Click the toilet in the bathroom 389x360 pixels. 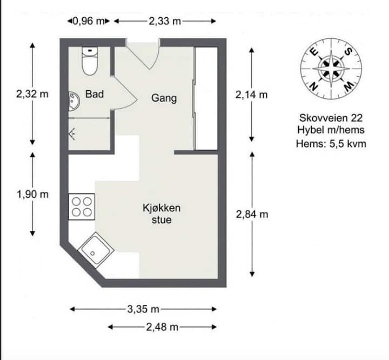pos(90,61)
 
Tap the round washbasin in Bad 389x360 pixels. pos(74,101)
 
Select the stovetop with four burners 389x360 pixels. pos(82,207)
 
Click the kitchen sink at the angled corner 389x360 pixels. pos(96,250)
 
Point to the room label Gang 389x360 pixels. pos(164,98)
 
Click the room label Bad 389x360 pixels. pos(94,94)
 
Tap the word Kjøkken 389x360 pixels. pos(162,208)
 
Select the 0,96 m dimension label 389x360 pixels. pos(88,21)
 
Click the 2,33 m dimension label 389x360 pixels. pos(165,21)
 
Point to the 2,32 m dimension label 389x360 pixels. pos(32,94)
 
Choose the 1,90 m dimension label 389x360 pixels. pos(32,194)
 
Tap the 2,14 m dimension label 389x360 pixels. pos(252,95)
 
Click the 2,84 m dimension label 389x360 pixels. pos(252,214)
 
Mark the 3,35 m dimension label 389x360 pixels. pos(143,309)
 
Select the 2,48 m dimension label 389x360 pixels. pos(162,327)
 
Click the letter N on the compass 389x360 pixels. pos(314,87)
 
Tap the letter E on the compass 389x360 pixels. pos(314,52)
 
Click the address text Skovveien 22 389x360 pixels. pos(331,118)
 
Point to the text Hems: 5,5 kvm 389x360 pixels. pos(331,144)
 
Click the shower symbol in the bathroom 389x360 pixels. pos(72,134)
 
